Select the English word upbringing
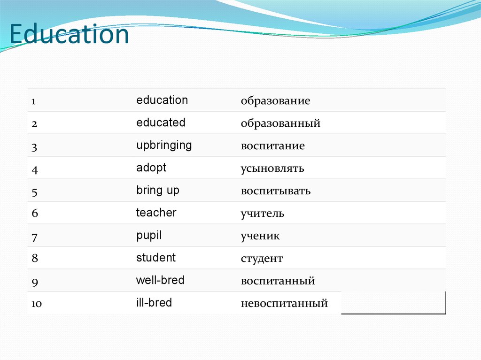pos(164,145)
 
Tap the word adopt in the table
pos(151,168)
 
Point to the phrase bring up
pos(158,190)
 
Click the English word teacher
pos(156,213)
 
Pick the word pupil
pos(149,235)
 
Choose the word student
pos(156,258)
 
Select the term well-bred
pos(160,280)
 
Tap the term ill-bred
pos(154,303)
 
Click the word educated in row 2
pos(161,123)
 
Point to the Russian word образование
pos(275,101)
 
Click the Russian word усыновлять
pos(272,169)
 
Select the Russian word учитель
pos(263,214)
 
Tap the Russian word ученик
pos(260,236)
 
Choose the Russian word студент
pos(262,259)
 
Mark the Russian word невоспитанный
pos(284,304)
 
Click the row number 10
pos(37,304)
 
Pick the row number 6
pos(34,214)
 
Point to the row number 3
pos(34,147)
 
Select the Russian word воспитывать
pos(276,191)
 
